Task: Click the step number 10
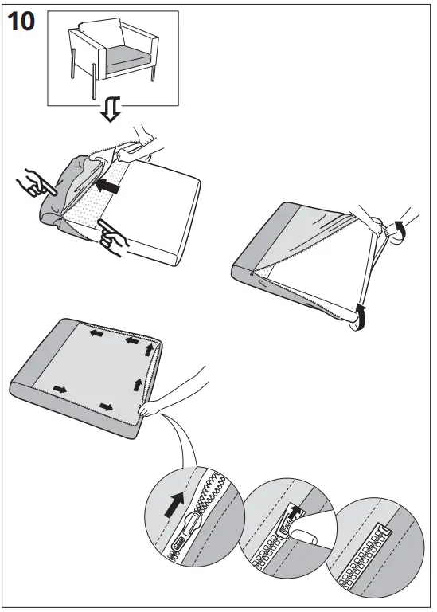(21, 22)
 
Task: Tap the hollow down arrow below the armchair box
(111, 112)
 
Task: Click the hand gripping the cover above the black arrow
(144, 140)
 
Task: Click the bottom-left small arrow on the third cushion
(60, 389)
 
